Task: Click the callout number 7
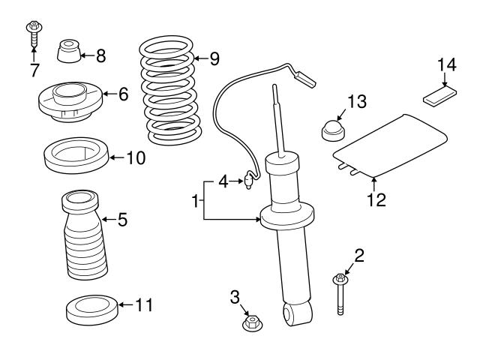(33, 71)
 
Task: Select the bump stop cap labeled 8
(67, 52)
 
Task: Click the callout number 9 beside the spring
(214, 57)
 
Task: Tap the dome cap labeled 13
(332, 130)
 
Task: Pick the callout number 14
(446, 65)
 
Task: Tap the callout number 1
(195, 201)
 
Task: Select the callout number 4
(223, 181)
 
